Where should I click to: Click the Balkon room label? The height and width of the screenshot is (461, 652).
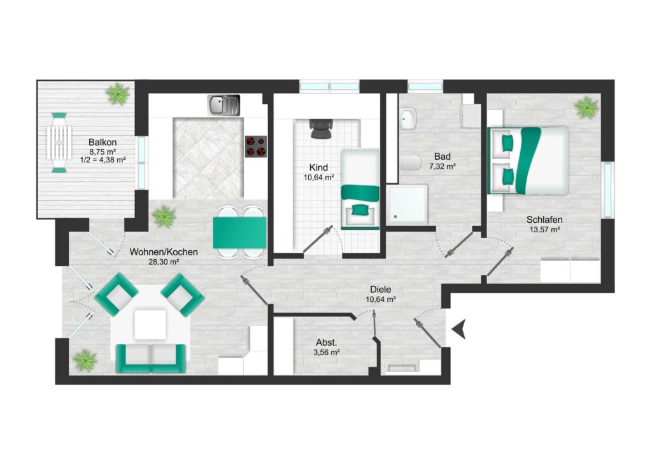click(x=103, y=142)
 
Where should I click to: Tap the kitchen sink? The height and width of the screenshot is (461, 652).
click(x=223, y=105)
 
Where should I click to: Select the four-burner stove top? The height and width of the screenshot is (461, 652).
click(x=256, y=146)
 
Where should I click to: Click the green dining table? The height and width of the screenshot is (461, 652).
click(x=239, y=233)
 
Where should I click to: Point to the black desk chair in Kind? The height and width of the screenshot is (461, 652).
click(x=321, y=128)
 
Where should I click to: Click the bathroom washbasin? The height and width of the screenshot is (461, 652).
click(x=409, y=119)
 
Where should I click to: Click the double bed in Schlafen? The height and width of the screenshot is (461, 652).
click(x=528, y=160)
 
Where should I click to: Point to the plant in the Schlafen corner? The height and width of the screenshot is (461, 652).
click(x=586, y=107)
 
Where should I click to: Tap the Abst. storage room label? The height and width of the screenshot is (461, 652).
click(x=327, y=343)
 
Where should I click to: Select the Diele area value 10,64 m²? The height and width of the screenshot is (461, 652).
click(x=381, y=299)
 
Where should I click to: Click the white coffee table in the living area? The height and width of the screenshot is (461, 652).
click(x=150, y=324)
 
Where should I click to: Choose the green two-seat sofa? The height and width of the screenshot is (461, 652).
click(x=150, y=358)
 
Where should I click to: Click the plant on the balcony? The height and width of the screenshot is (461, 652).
click(x=118, y=94)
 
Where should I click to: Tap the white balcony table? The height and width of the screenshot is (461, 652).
click(x=59, y=142)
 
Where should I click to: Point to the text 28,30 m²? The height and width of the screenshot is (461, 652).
click(x=164, y=262)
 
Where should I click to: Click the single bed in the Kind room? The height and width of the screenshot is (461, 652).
click(x=360, y=189)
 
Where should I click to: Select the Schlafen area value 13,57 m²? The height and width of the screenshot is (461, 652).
click(x=544, y=229)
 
